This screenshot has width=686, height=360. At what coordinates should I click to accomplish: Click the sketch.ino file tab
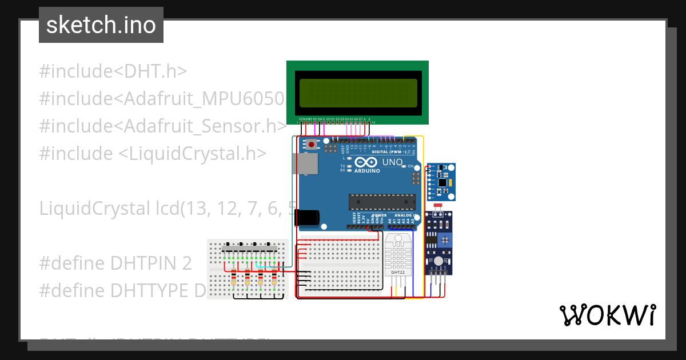click(101, 25)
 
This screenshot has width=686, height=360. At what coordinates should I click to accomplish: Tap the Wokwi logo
click(607, 315)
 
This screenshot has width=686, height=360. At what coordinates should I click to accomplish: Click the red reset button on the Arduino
click(311, 145)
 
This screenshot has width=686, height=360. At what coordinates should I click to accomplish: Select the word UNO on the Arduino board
click(392, 163)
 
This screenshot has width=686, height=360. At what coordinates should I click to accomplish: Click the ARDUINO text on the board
click(366, 171)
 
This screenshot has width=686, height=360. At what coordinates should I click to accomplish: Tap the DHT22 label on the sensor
click(398, 273)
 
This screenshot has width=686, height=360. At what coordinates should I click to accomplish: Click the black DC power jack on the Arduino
click(306, 218)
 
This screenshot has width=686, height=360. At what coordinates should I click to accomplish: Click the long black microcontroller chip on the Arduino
click(382, 202)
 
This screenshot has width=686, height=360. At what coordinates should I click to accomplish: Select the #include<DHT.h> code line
click(113, 71)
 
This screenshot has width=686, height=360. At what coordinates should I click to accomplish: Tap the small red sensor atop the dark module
click(438, 205)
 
